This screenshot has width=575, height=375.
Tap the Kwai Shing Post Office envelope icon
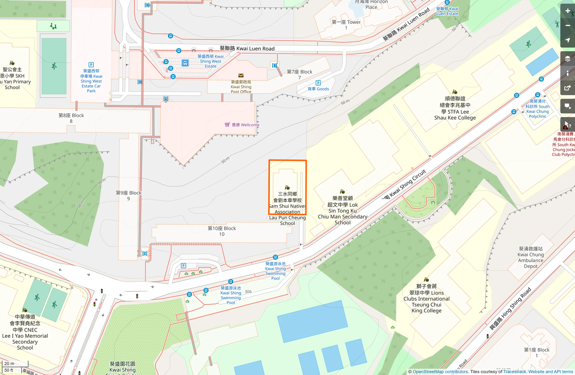[241, 76]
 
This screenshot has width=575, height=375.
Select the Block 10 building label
[222, 231]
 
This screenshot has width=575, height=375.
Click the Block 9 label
[128, 195]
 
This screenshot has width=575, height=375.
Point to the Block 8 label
[71, 118]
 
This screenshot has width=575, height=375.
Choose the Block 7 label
[299, 74]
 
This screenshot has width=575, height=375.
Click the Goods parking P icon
[318, 83]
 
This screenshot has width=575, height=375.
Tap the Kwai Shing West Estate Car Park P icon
[91, 65]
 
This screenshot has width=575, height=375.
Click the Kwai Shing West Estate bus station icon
[185, 63]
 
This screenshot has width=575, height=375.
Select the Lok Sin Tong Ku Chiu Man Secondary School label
[342, 210]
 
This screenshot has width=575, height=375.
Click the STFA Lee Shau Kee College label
[455, 108]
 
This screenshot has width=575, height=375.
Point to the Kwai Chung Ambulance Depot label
[531, 258]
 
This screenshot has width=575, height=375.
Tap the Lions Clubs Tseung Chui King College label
[426, 299]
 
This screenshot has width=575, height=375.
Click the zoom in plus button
[568, 11]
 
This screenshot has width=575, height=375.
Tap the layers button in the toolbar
[568, 59]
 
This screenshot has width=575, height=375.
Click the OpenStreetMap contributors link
[440, 372]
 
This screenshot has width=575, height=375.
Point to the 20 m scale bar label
[10, 364]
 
